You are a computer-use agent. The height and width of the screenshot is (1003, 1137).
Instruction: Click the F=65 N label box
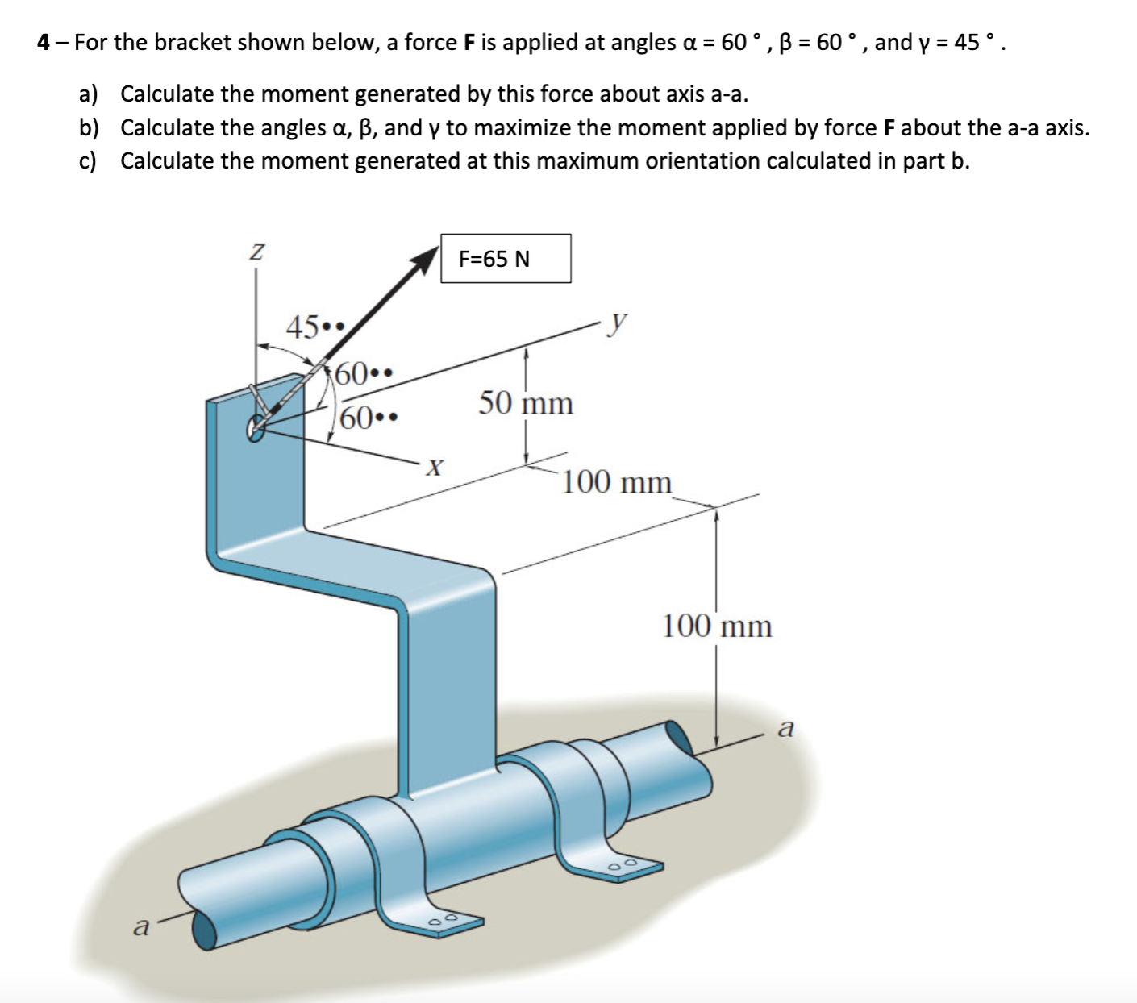click(506, 259)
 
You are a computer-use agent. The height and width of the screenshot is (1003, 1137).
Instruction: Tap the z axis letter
click(256, 252)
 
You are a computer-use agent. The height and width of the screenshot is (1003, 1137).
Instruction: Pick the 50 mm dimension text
click(526, 402)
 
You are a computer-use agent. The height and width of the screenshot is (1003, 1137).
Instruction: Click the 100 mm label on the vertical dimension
click(717, 626)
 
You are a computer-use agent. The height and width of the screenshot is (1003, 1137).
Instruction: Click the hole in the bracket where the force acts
click(256, 427)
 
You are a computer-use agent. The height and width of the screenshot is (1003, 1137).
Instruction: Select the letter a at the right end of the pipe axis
click(785, 729)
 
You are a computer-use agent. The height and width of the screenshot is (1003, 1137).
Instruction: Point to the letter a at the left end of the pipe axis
click(141, 926)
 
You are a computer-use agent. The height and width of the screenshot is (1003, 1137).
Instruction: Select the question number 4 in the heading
click(44, 42)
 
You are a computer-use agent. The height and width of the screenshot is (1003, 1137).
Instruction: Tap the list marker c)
click(88, 161)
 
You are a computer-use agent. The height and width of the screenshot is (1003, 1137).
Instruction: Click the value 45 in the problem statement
click(967, 42)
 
